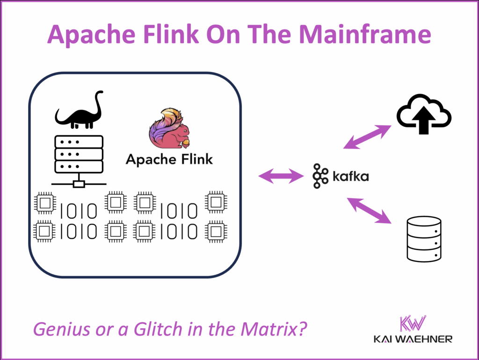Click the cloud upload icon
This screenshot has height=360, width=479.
point(423,114)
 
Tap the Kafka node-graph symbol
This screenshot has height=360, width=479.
point(320,176)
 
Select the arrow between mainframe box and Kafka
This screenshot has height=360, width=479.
point(281,176)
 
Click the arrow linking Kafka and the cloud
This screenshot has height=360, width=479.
point(367,137)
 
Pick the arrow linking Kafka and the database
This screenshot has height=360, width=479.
point(368,211)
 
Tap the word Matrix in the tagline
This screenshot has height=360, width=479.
point(271,330)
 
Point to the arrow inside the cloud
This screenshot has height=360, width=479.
point(423,120)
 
